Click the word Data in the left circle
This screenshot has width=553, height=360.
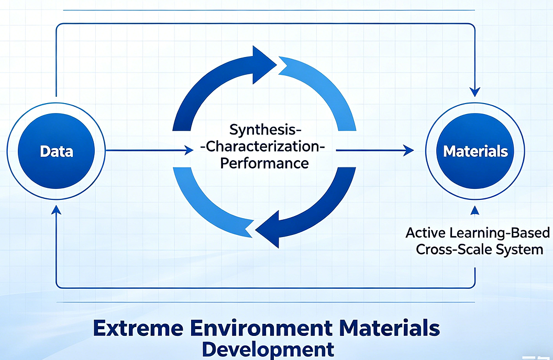57,151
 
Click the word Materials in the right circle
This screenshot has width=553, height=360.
475,151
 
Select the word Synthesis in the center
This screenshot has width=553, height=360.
263,130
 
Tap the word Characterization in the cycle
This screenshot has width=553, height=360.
262,147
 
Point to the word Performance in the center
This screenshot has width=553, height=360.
264,163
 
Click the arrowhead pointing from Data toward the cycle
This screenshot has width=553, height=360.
189,150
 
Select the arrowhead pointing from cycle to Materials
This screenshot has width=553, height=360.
409,150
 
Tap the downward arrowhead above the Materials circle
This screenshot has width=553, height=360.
475,92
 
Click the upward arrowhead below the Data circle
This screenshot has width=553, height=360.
56,210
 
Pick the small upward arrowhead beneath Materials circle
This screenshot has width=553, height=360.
475,210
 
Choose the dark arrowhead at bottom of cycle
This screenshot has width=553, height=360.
268,229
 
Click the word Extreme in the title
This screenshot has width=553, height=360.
138,328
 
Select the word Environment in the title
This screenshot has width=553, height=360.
261,328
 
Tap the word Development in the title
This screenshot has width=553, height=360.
268,350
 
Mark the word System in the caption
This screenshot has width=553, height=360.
519,250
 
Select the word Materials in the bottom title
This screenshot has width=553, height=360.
390,328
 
